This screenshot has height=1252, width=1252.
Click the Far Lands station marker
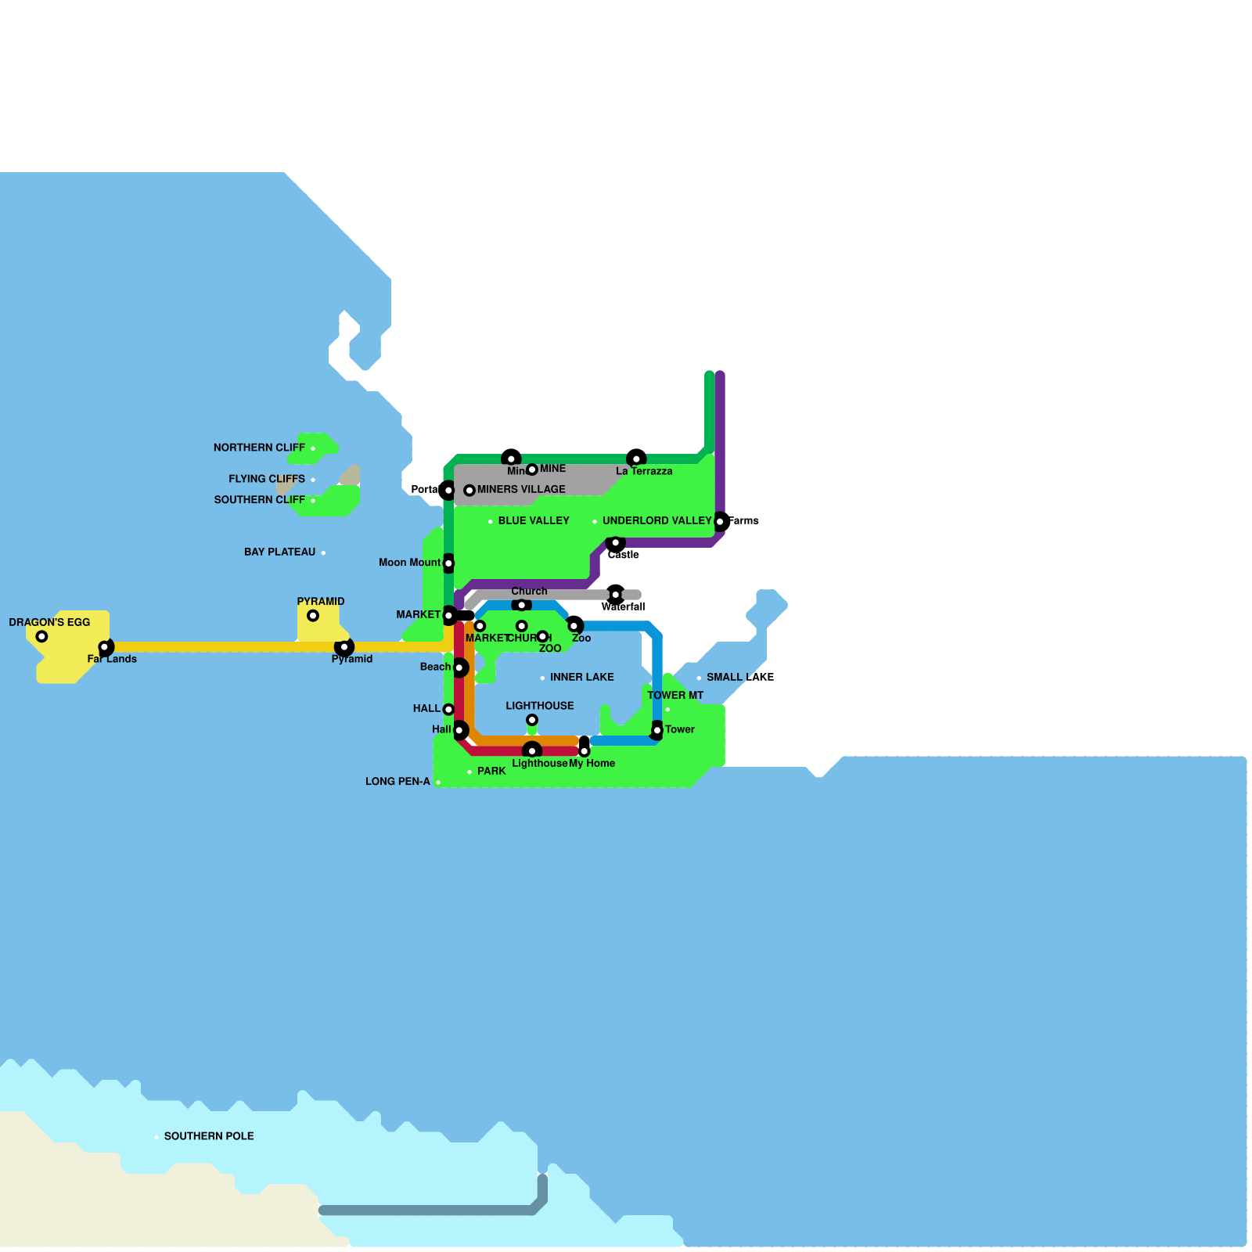pos(104,647)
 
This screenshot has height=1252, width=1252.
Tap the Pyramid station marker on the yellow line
pos(344,647)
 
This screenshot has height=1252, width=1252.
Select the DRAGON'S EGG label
pos(49,623)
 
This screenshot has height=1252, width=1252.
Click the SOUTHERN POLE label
pos(208,1136)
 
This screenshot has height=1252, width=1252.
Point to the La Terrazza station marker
pos(636,459)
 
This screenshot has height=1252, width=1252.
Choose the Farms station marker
pos(720,521)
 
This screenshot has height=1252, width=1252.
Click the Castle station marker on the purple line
pos(616,543)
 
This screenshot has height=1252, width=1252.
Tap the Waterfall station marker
pos(616,595)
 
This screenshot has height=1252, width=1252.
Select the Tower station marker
pos(657,731)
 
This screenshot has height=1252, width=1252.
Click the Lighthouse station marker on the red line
pos(532,751)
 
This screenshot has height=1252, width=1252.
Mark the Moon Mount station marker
pos(448,563)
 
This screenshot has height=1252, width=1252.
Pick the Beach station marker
pos(459,667)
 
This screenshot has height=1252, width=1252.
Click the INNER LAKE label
pos(581,678)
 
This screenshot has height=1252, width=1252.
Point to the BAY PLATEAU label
pos(279,552)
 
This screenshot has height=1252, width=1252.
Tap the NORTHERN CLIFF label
pos(259,448)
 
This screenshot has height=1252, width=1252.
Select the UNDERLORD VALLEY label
pos(657,521)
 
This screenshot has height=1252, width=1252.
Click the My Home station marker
pos(585,751)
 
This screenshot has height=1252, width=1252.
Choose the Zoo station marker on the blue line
pos(574,626)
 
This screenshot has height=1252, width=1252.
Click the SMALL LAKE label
pos(739,678)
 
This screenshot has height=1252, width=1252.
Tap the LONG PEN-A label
pos(398,782)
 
